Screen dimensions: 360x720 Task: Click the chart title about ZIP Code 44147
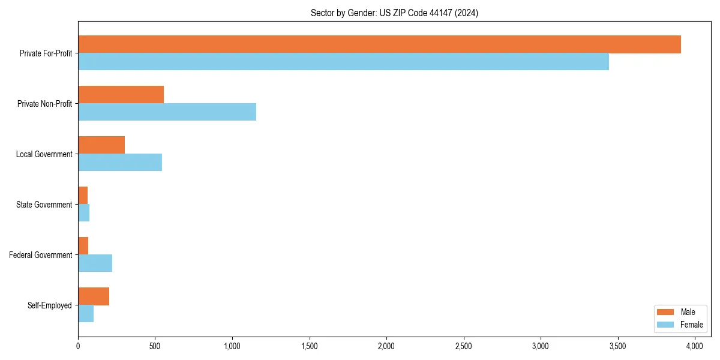tap(394, 13)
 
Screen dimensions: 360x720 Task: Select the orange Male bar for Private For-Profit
tap(379, 44)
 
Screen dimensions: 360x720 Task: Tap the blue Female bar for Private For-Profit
tap(343, 62)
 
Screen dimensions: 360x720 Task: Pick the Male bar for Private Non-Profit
tap(121, 95)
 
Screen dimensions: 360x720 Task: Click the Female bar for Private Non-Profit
tap(167, 112)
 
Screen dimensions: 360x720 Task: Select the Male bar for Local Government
tap(101, 145)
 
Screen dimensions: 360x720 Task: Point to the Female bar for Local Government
tap(120, 163)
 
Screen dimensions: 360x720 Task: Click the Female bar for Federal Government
tap(95, 263)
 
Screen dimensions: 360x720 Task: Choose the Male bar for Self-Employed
tap(94, 296)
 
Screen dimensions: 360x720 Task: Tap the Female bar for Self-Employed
tap(86, 314)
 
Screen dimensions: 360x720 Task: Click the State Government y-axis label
tap(44, 205)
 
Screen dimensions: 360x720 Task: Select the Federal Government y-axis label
tap(41, 255)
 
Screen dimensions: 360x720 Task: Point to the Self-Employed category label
tap(50, 305)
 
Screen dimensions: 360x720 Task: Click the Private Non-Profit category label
tap(44, 104)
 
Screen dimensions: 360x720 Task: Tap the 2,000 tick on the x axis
tap(386, 346)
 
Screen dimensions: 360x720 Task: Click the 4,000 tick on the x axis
tap(694, 346)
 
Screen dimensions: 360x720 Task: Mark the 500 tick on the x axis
tap(155, 346)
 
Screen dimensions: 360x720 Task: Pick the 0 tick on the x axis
tap(78, 346)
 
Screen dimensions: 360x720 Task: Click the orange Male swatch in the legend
tap(666, 312)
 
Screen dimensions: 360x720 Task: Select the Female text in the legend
tap(691, 325)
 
